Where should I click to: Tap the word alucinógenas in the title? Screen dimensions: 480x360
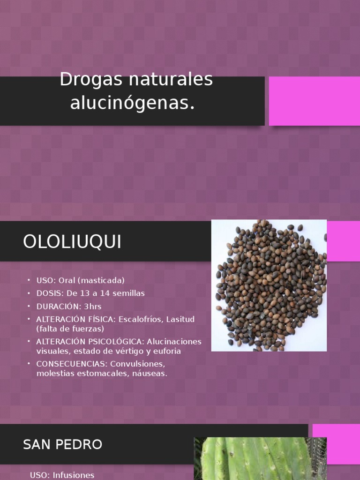[x=132, y=103]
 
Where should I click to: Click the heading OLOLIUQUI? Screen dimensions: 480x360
[x=72, y=242]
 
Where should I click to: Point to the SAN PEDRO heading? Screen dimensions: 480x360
[x=62, y=444]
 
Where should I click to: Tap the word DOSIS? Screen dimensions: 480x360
[x=49, y=293]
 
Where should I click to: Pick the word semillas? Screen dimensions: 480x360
[x=128, y=293]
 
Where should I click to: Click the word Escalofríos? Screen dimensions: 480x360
[x=139, y=320]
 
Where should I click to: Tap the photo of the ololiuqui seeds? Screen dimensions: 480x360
[x=269, y=285]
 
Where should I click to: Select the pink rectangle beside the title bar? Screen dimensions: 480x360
[x=314, y=101]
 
